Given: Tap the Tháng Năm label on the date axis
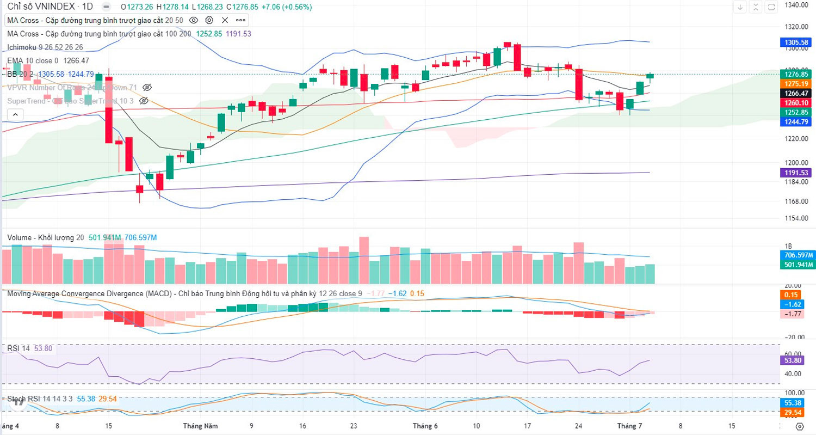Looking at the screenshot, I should click(x=200, y=425).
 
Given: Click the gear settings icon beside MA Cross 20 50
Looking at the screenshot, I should click(x=209, y=20).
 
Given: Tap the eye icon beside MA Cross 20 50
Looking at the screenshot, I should click(x=193, y=20).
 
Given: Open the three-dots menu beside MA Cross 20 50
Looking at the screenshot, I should click(x=240, y=20).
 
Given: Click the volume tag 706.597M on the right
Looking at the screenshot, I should click(x=798, y=255).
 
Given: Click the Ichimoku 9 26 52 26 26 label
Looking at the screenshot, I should click(x=45, y=47).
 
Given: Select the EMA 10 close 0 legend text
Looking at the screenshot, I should click(x=33, y=60).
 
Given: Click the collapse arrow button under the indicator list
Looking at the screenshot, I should click(x=15, y=114).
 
